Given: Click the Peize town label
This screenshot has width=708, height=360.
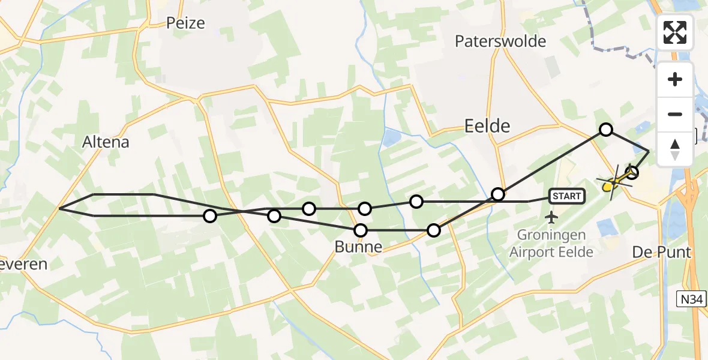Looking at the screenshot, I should (185, 23).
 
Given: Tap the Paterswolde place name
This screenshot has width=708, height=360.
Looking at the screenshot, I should (500, 41).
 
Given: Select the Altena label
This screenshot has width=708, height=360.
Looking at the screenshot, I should (106, 142).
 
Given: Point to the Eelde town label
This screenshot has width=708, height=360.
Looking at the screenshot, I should (487, 126).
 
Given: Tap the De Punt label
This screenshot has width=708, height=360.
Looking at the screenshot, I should (662, 253).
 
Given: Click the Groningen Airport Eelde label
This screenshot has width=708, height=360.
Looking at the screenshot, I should (551, 244).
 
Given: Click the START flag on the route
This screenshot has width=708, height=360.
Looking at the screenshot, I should (566, 196).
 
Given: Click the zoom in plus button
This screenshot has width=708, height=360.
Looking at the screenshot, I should (675, 80).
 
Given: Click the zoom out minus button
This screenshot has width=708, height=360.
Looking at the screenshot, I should (675, 114).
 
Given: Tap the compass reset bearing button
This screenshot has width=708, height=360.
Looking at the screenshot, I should (675, 149).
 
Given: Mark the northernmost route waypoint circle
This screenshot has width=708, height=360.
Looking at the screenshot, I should (606, 130).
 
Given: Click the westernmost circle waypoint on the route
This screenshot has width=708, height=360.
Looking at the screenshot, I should (209, 216).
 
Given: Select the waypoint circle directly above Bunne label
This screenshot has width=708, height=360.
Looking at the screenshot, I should (361, 230).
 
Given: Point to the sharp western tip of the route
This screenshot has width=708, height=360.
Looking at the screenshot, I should (59, 209).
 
